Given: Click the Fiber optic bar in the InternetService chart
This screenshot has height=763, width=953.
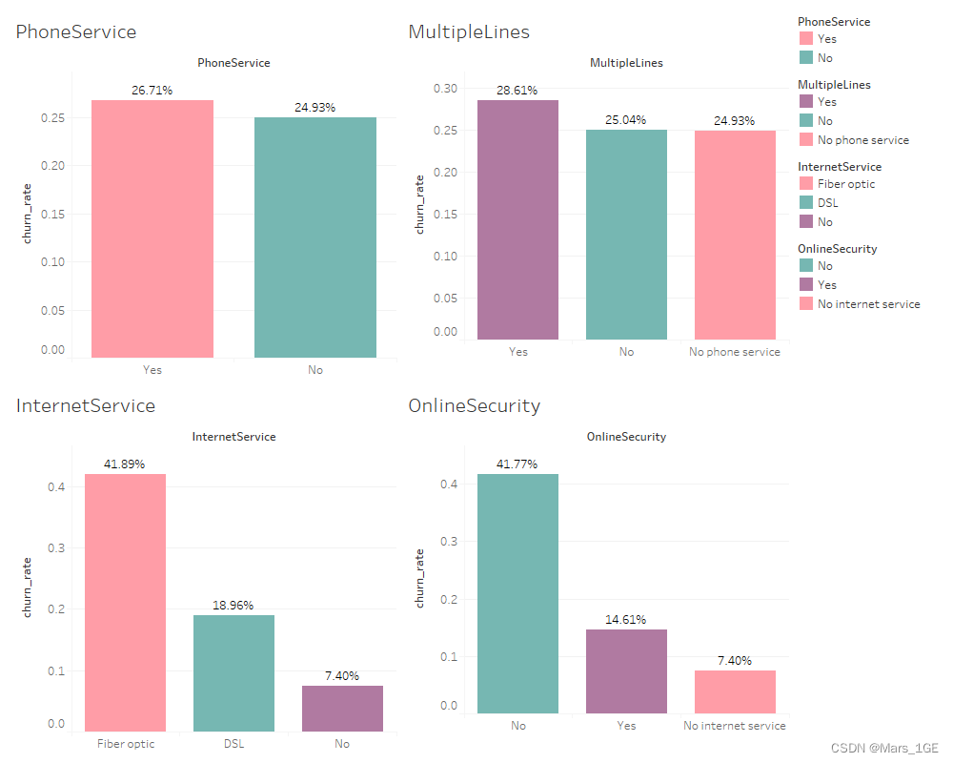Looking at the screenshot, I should click(125, 603).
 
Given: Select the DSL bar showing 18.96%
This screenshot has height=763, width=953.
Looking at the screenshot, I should click(233, 673).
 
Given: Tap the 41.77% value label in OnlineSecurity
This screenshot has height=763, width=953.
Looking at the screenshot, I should click(517, 464).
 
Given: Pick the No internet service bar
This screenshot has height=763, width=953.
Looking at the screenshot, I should click(735, 691).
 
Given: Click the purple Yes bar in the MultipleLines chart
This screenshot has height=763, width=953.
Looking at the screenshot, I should click(517, 219).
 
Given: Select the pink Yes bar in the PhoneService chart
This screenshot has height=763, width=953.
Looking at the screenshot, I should click(152, 229).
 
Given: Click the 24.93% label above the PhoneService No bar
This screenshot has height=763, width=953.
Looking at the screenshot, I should click(314, 108).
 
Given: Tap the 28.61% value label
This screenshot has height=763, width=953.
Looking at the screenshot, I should click(517, 91).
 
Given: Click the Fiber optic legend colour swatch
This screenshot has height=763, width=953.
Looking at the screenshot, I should click(806, 184).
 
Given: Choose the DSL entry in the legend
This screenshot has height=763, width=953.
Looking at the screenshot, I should click(826, 203).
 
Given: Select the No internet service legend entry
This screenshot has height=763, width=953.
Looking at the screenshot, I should click(868, 304).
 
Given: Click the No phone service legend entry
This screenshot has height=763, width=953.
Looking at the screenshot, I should click(862, 140).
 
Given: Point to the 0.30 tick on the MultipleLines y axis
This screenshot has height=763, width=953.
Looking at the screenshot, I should click(444, 89).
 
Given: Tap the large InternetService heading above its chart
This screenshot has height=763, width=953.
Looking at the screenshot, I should click(86, 405).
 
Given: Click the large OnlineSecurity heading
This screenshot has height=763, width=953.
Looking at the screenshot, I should click(474, 405).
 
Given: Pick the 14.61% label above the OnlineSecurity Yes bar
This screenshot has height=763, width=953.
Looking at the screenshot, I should click(626, 620).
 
